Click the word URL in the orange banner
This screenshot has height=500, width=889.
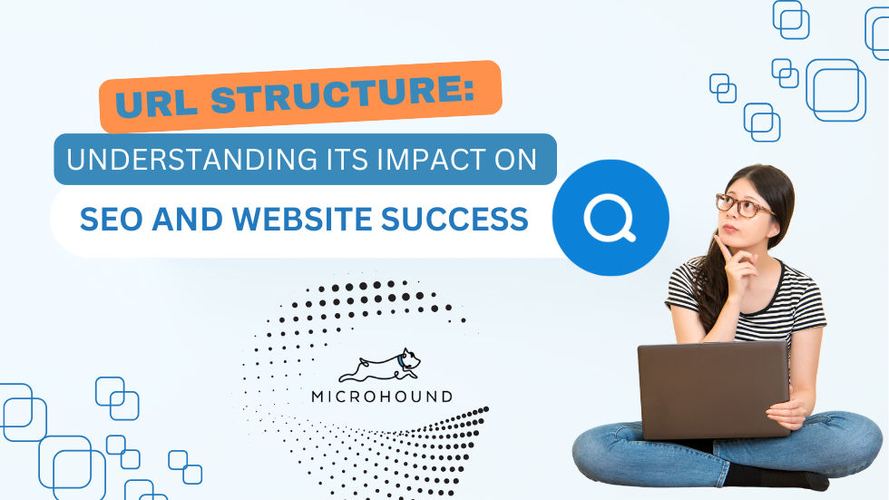(x=156, y=101)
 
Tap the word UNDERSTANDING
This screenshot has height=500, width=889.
(x=191, y=160)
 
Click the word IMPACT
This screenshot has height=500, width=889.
(x=417, y=160)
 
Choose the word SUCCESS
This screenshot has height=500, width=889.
(x=454, y=219)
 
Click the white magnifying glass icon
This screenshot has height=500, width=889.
(x=610, y=219)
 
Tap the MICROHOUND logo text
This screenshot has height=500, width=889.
(x=382, y=397)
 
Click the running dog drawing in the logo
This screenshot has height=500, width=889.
(x=380, y=366)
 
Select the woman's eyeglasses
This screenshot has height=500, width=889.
(x=743, y=206)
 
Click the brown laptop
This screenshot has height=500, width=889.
(x=714, y=389)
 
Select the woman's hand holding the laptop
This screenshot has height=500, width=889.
(x=787, y=413)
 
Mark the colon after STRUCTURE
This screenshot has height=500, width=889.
(x=468, y=91)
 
